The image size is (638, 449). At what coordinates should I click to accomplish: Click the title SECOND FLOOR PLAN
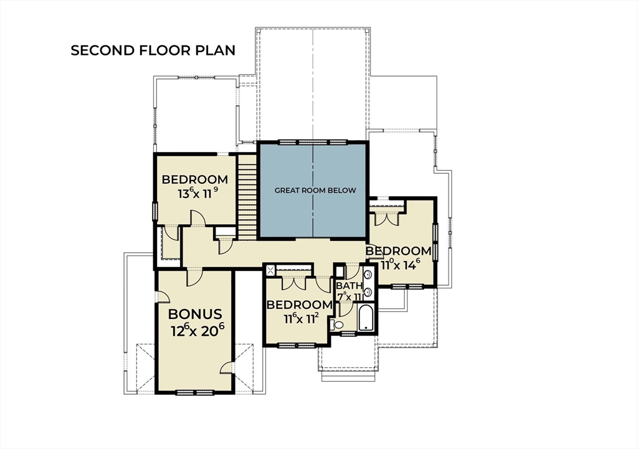(153, 50)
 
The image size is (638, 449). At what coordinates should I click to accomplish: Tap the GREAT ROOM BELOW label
(315, 191)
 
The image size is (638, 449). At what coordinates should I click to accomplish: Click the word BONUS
(195, 314)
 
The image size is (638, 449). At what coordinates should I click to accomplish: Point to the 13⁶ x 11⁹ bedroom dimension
(198, 193)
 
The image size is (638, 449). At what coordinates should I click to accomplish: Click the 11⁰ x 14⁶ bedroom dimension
(400, 265)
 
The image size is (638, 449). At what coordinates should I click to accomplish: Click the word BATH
(349, 286)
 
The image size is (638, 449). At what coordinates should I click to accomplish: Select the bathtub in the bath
(366, 317)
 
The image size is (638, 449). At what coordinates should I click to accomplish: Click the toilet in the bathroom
(336, 324)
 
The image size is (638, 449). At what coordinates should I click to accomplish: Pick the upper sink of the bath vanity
(368, 275)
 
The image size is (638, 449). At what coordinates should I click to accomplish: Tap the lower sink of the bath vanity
(368, 291)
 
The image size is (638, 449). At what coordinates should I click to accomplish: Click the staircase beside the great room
(247, 197)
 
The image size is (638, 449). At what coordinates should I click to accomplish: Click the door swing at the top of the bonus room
(194, 276)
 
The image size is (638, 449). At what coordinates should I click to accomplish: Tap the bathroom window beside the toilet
(348, 334)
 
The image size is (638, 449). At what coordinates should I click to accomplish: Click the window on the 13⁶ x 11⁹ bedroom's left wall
(155, 211)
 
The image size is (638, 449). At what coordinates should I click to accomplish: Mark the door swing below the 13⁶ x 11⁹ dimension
(198, 218)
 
